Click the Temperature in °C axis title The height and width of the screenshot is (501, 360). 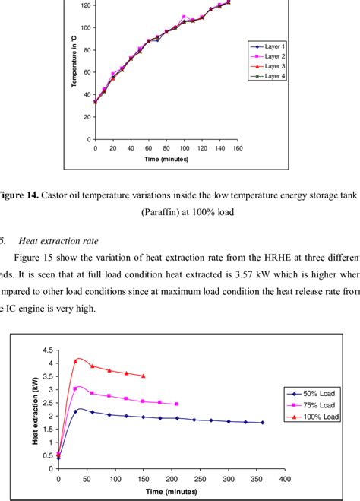pos(75,76)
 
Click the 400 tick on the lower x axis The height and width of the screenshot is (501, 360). pos(283,479)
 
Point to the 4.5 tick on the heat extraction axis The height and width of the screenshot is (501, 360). pos(48,350)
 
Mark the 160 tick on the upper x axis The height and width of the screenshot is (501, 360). pos(237,148)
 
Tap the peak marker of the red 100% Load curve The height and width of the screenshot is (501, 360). pos(76,360)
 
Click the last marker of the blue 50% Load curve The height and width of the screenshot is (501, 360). pos(263,423)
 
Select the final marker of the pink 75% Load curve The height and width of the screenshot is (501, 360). pos(177,404)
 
